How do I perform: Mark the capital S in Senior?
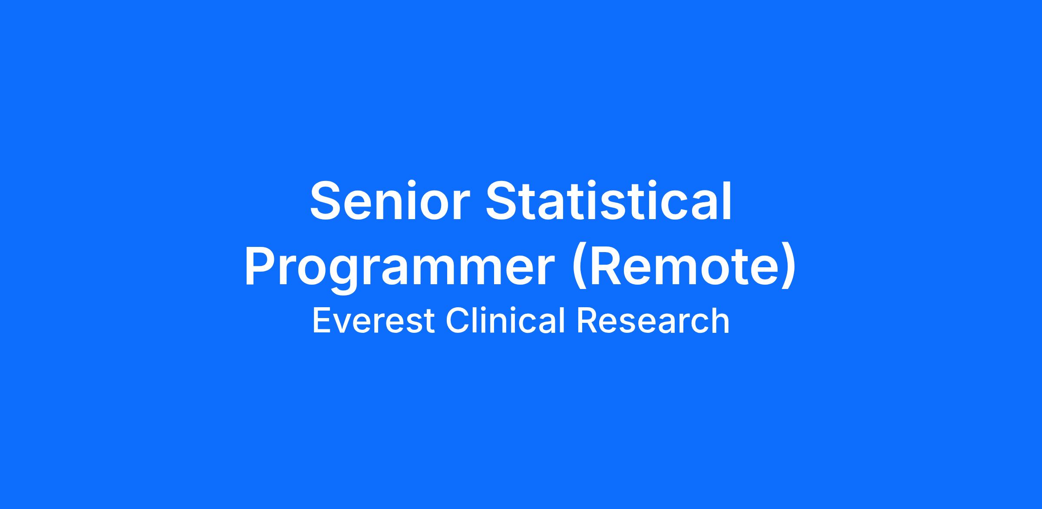click(327, 200)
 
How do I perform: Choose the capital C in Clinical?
click(458, 320)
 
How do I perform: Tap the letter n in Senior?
click(398, 206)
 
